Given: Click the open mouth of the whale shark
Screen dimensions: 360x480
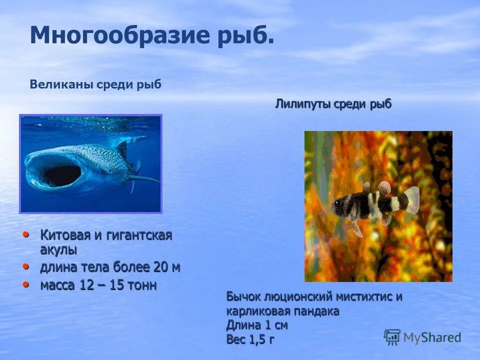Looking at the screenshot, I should tap(61, 175).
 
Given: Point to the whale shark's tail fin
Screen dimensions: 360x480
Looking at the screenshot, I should tap(145, 177).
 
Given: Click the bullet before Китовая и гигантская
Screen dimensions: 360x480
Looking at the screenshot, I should tap(26, 233).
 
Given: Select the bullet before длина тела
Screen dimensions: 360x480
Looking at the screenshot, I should tap(26, 266).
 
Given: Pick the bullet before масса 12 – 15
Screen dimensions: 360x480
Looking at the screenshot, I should tap(26, 284).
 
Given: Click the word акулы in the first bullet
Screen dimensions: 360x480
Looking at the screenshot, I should tap(58, 249).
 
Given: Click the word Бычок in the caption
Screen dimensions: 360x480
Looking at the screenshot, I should tap(243, 297).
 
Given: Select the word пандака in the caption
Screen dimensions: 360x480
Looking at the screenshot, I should tap(318, 311).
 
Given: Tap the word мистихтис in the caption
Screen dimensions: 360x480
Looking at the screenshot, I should tap(356, 297).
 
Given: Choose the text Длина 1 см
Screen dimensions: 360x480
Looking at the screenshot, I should tap(257, 325).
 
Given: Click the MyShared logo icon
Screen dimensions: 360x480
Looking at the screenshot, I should tap(392, 336).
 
